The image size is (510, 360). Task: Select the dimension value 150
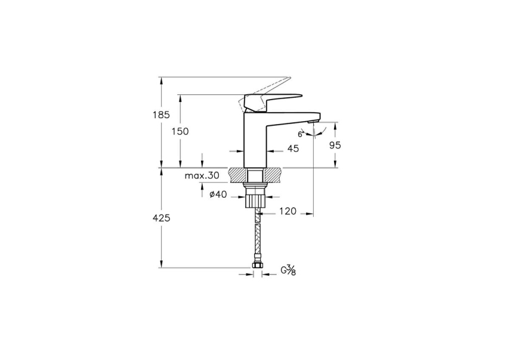(180, 131)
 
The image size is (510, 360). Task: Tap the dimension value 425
(160, 218)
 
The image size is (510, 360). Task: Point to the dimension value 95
(335, 145)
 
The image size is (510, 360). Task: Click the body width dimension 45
(293, 149)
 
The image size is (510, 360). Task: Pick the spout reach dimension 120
(288, 211)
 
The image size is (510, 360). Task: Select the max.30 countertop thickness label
(202, 176)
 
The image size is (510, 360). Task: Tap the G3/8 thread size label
(288, 270)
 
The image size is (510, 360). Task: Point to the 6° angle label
(301, 134)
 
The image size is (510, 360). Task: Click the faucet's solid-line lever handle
(280, 98)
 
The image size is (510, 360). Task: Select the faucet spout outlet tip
(314, 121)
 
